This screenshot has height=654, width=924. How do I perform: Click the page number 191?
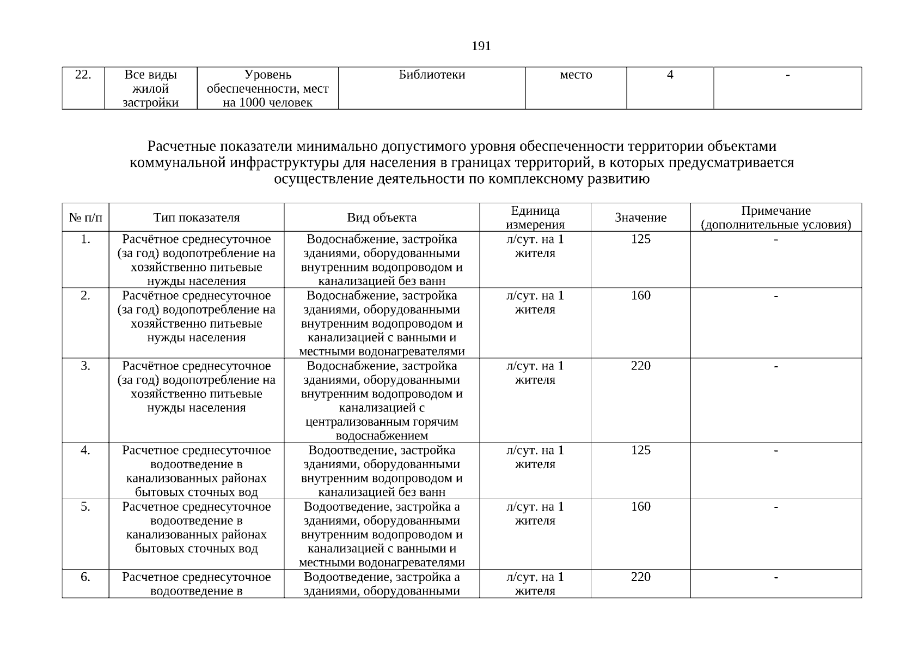click(481, 46)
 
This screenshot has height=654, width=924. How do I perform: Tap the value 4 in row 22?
click(670, 75)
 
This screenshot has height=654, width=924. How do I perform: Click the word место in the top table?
click(576, 75)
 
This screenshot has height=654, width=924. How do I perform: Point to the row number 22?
click(83, 75)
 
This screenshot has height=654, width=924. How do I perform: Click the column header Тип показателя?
click(196, 218)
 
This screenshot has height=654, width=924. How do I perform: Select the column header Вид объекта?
click(382, 218)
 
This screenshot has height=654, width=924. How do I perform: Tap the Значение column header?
click(640, 218)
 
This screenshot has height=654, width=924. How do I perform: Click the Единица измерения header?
click(535, 218)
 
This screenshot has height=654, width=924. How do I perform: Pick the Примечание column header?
click(776, 218)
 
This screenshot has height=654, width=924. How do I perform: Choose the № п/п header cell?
click(85, 218)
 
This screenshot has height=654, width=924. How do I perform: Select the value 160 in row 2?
click(640, 296)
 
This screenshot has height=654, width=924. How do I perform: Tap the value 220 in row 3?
click(640, 366)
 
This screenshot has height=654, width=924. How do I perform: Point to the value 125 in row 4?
click(640, 451)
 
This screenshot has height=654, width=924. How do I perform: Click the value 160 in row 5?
click(640, 507)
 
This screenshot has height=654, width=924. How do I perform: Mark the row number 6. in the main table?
click(85, 577)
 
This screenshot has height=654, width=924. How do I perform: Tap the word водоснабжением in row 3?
click(382, 436)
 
